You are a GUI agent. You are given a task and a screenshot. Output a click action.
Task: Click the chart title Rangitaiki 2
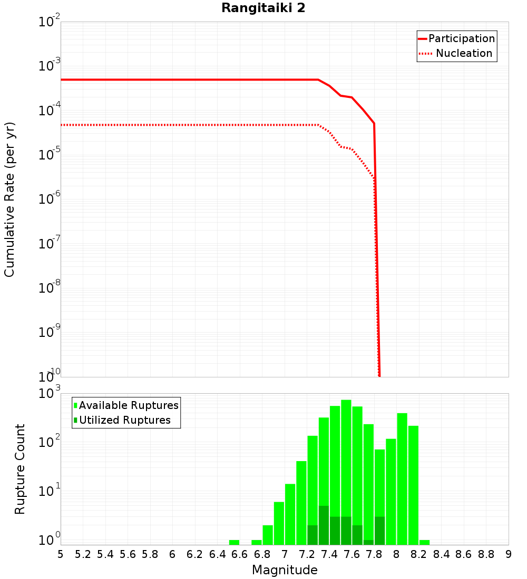263,8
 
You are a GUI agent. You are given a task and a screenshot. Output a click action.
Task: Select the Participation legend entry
461,38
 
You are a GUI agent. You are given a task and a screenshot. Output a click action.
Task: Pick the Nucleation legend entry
464,53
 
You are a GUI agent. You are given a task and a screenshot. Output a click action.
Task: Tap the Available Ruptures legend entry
129,405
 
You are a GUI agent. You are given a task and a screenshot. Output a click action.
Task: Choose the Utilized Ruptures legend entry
124,420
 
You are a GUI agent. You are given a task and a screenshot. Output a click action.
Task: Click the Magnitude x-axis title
285,570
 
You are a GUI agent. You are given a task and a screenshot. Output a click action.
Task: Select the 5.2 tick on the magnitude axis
83,554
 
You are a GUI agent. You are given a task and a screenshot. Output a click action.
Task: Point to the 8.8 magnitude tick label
486,554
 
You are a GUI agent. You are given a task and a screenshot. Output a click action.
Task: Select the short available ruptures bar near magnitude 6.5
234,542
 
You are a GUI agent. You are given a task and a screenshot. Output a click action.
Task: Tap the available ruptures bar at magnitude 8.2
424,542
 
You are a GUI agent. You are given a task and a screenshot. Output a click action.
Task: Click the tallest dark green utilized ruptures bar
324,525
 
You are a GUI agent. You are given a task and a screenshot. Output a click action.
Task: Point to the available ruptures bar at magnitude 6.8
268,535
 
